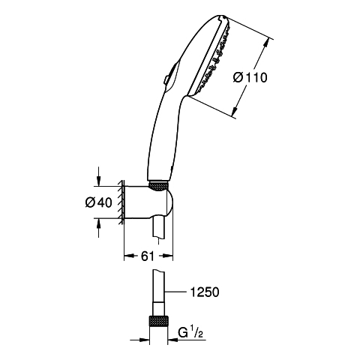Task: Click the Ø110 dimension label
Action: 250,77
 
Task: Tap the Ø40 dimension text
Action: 98,202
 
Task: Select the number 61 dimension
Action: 148,256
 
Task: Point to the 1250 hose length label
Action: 205,292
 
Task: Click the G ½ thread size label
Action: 190,333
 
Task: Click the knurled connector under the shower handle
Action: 158,186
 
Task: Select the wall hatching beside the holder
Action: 121,202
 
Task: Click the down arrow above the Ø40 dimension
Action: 99,176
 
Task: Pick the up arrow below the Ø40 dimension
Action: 99,228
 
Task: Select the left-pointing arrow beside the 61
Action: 131,256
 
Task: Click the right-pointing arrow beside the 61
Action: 166,256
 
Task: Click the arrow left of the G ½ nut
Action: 139,340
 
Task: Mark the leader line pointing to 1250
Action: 175,292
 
